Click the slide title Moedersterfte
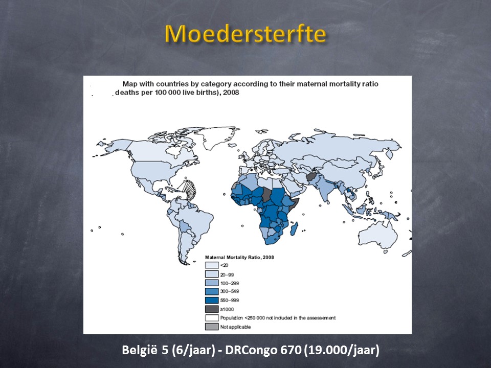tap(245, 34)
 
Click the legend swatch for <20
tap(212, 265)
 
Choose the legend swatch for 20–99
tap(212, 274)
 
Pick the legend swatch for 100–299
tap(212, 283)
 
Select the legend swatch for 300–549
tap(212, 291)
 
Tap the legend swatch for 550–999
tap(212, 300)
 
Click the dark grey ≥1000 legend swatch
tap(212, 309)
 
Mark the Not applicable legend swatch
tap(212, 327)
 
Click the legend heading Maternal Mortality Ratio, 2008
tap(239, 257)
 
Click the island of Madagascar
tap(294, 228)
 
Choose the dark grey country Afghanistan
tap(312, 177)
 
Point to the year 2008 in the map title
tap(231, 93)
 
